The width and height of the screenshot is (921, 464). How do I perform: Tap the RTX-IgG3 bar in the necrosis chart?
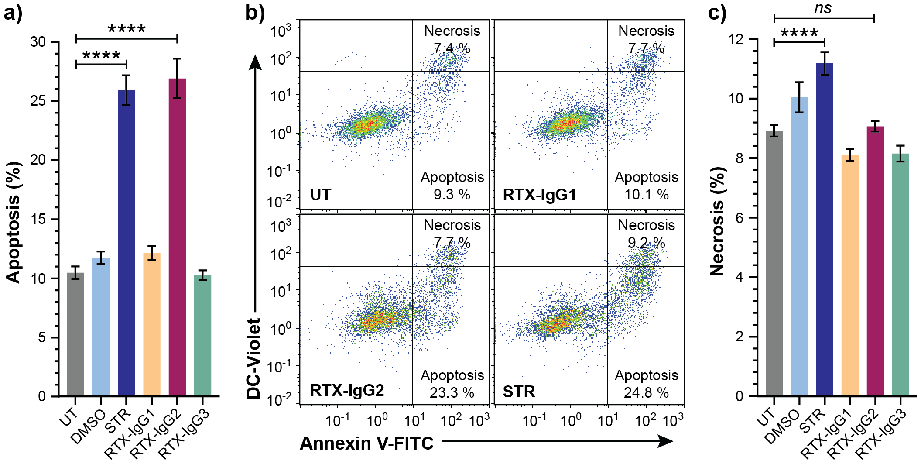pyautogui.click(x=900, y=275)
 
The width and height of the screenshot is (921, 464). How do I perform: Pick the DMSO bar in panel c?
pyautogui.click(x=799, y=247)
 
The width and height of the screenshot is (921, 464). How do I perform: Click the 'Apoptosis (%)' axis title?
pyautogui.click(x=14, y=223)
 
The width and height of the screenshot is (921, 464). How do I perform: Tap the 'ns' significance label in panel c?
pyautogui.click(x=823, y=8)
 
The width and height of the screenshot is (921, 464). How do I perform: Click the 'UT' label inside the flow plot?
pyautogui.click(x=321, y=195)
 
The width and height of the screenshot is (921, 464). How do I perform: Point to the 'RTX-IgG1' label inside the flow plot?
pyautogui.click(x=539, y=195)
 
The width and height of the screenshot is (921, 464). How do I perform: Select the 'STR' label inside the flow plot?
pyautogui.click(x=519, y=391)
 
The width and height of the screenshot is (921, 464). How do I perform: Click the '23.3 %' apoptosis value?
pyautogui.click(x=452, y=392)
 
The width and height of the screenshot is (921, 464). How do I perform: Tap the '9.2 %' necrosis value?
pyautogui.click(x=646, y=243)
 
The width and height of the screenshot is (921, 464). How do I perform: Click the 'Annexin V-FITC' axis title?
pyautogui.click(x=366, y=443)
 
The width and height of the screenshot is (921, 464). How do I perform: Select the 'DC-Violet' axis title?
pyautogui.click(x=253, y=358)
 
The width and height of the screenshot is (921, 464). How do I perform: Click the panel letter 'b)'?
pyautogui.click(x=255, y=12)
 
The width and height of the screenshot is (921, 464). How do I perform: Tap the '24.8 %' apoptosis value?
pyautogui.click(x=646, y=392)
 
